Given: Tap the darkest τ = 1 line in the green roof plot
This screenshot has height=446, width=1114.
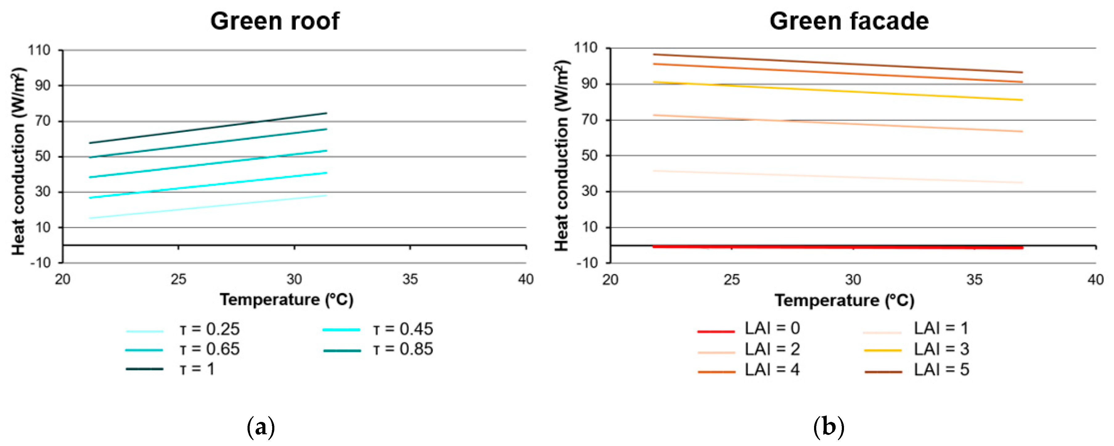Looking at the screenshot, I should click(x=207, y=128).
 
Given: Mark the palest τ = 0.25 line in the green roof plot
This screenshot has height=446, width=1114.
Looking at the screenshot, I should click(x=207, y=207).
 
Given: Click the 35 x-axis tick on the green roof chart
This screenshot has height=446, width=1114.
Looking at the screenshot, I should click(x=410, y=279).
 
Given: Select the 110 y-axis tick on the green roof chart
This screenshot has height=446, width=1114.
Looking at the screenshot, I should click(x=39, y=50).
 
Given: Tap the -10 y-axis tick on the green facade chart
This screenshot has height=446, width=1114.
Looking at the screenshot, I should click(x=587, y=263).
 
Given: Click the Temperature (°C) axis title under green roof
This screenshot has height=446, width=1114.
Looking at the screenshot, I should click(x=287, y=300).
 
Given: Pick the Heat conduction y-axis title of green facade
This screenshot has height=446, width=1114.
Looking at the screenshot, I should click(x=562, y=156).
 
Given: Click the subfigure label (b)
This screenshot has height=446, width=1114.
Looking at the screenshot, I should click(x=829, y=428).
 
